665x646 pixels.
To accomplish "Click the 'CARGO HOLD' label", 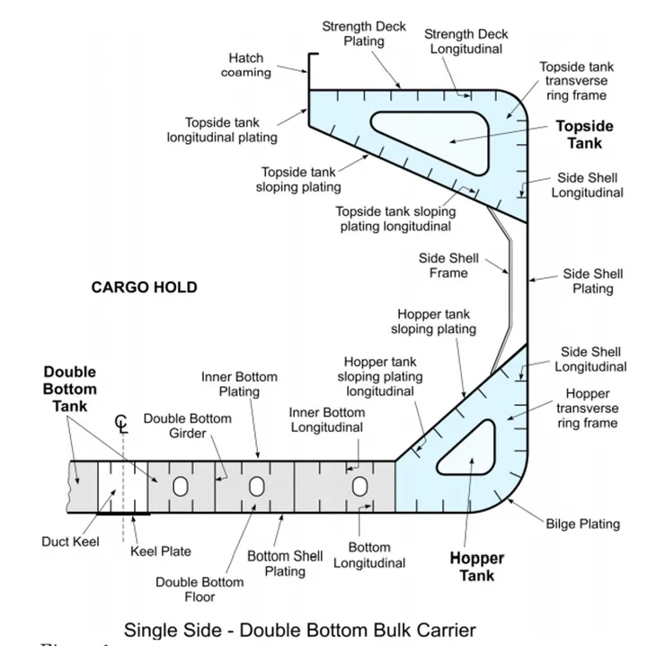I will [x=144, y=288].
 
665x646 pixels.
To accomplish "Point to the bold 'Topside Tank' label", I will [x=584, y=134].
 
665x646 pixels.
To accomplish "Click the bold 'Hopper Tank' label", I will [x=476, y=567].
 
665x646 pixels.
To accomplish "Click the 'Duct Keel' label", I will [x=68, y=542].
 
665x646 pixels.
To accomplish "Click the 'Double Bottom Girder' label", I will [x=187, y=426].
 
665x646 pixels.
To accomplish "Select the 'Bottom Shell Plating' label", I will [x=285, y=563].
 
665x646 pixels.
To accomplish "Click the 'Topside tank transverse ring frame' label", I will [x=576, y=81].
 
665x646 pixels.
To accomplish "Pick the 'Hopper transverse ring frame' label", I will [x=587, y=408].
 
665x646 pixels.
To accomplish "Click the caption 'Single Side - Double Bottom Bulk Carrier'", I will [x=299, y=629].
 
